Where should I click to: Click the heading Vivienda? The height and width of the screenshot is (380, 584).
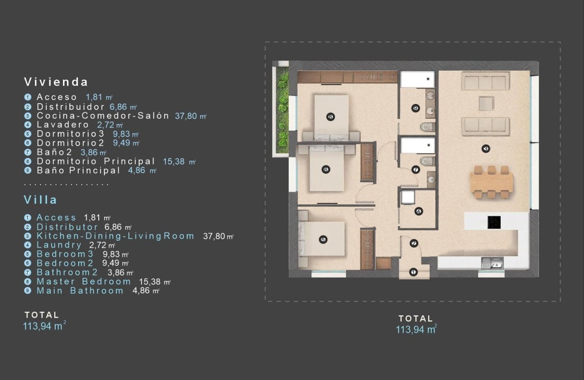tap(56, 82)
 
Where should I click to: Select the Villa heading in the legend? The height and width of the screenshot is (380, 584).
tap(41, 200)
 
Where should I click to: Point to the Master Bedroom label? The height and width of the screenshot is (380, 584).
tap(83, 281)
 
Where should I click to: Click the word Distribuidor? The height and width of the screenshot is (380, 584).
tap(71, 107)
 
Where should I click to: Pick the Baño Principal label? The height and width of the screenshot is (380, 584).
tap(78, 170)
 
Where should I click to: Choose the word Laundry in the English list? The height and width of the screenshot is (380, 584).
tap(59, 245)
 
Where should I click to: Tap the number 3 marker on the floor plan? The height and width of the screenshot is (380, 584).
tap(486, 148)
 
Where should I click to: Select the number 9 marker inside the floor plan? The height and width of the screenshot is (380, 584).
tap(416, 108)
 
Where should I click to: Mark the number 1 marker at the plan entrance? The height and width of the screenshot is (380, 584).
tap(413, 272)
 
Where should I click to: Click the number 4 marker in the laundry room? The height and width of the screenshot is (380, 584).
tap(418, 211)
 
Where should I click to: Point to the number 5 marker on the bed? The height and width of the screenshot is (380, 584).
tap(323, 240)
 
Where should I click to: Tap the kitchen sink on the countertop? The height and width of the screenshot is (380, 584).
tap(492, 262)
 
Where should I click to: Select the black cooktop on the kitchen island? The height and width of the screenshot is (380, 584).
tap(494, 222)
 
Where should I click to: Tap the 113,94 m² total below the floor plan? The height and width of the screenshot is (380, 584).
tap(416, 329)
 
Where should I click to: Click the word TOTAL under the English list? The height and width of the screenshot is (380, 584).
tap(42, 315)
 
